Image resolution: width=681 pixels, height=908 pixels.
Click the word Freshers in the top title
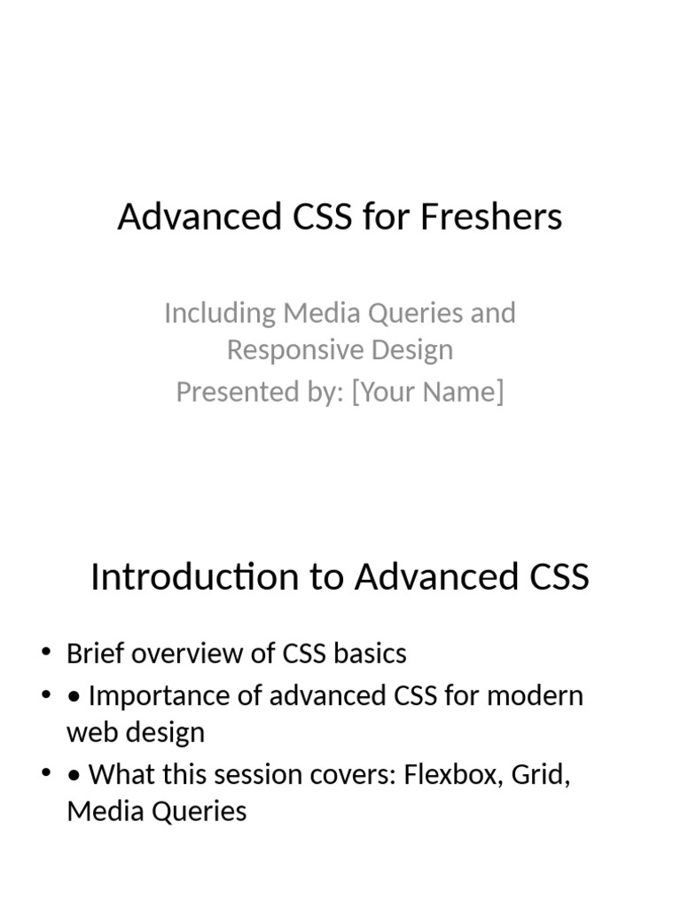tap(491, 216)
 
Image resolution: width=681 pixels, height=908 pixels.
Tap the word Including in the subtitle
tap(220, 314)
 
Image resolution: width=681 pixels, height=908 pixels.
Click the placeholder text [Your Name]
tap(428, 392)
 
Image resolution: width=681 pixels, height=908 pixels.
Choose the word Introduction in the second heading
tap(196, 576)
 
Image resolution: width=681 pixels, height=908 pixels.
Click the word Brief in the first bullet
tap(96, 654)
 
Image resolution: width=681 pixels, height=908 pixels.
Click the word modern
tap(535, 696)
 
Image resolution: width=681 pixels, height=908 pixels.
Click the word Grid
tap(541, 775)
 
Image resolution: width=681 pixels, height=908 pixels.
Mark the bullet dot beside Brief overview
tap(46, 652)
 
